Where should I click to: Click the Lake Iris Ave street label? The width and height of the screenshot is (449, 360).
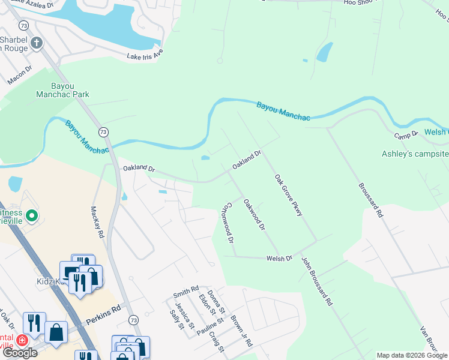(145, 55)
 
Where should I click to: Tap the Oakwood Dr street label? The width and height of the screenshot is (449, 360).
(254, 214)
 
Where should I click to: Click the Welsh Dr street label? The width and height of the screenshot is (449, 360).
(279, 258)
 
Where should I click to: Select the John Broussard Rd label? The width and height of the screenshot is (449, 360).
(316, 281)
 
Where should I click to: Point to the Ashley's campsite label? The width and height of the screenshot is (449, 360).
(415, 154)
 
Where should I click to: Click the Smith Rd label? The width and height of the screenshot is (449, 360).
(185, 293)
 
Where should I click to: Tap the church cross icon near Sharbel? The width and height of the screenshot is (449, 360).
(36, 43)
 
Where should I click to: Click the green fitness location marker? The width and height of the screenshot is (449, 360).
(32, 214)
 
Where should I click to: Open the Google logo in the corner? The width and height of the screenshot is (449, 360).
(20, 353)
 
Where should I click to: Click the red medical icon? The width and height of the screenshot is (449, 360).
(22, 340)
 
